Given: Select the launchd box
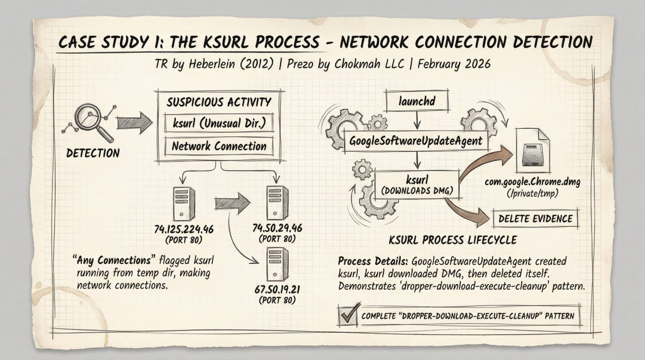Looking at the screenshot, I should click(417, 101).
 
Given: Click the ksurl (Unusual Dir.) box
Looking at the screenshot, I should click(219, 123).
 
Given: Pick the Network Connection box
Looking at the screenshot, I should click(219, 146).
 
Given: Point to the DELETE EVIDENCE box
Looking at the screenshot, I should click(535, 219).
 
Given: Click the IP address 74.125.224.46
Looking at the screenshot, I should click(184, 229).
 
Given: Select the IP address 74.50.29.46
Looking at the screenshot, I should click(277, 228).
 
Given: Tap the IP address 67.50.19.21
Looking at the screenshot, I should click(277, 289).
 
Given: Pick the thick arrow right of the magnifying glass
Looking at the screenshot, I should click(134, 123).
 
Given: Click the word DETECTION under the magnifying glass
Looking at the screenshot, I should click(93, 153).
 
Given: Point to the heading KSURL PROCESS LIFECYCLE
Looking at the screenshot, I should click(453, 240).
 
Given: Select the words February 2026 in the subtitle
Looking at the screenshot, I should click(454, 64).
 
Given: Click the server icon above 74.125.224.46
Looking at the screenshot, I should click(184, 204).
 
